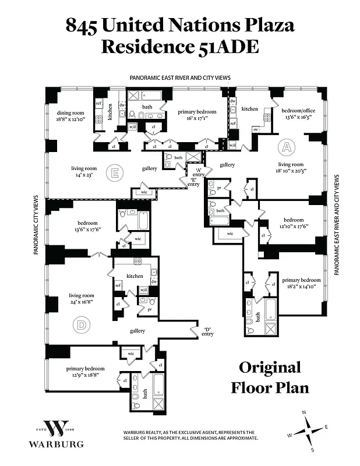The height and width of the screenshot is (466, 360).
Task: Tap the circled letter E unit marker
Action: click(115, 172)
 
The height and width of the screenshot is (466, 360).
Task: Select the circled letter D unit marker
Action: click(80, 324)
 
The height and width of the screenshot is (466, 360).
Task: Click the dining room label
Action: click(70, 115)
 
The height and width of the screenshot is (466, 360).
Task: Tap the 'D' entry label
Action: click(207, 330)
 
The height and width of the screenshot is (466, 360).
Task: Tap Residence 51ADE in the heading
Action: click(179, 47)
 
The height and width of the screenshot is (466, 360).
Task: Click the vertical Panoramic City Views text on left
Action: click(36, 225)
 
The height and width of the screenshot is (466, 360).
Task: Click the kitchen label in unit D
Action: click(135, 275)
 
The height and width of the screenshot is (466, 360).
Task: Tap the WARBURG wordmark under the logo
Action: click(57, 444)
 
